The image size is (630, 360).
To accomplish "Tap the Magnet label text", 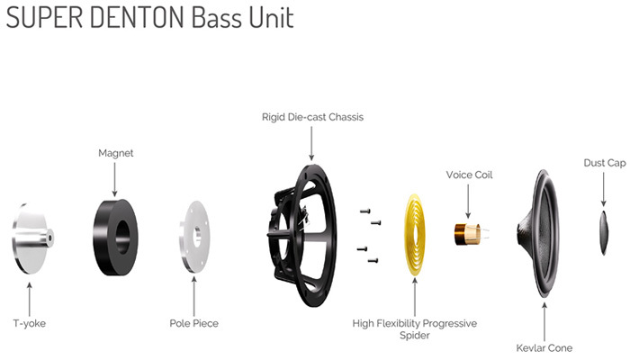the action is click(116, 153).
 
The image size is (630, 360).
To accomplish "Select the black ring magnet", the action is click(115, 237).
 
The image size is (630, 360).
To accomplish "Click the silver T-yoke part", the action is click(32, 238).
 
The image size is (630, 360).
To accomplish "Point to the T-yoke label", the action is click(30, 323).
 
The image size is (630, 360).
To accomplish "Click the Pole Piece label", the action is click(194, 323).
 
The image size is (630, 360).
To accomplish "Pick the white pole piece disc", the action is click(195, 237).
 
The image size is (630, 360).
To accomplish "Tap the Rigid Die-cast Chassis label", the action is click(312, 117).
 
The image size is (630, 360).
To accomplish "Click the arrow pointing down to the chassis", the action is click(311, 143).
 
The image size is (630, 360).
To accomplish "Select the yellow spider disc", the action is click(415, 235).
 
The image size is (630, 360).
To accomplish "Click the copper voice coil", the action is click(467, 234).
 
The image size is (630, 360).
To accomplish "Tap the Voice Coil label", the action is click(469, 175).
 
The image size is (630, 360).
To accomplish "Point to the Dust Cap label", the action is click(605, 163).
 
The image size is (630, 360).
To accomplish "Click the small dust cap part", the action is click(604, 232).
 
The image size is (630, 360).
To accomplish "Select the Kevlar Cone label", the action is click(544, 348).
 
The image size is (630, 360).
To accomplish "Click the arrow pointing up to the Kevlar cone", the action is click(544, 322).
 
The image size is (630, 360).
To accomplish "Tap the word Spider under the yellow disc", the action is click(415, 336).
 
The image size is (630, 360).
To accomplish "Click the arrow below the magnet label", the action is click(114, 179).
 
